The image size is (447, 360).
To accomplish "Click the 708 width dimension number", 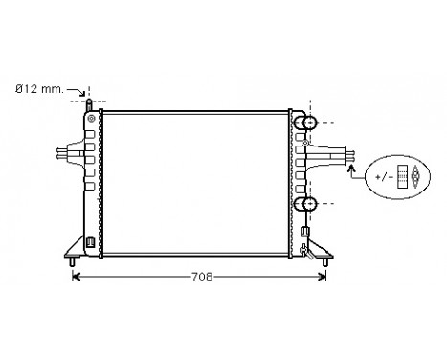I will tap(200, 279).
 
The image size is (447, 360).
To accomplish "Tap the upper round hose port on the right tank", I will tap(308, 123).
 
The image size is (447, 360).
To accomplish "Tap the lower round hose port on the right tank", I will tap(308, 203).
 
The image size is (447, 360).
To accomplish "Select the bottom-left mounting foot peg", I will tap(73, 259).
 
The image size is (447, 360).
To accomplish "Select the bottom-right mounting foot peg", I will tap(328, 259).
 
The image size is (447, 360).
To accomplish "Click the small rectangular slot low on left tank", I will tap(90, 240).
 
